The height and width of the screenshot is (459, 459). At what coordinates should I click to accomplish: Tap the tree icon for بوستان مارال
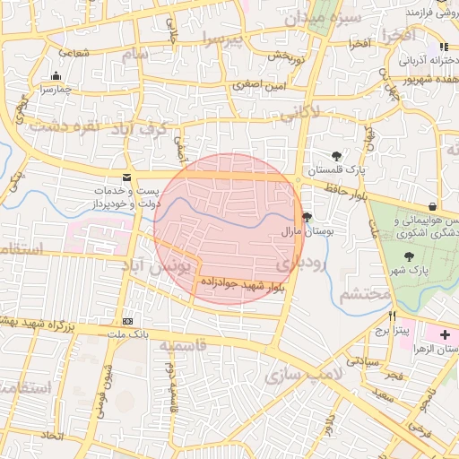(x=307, y=217)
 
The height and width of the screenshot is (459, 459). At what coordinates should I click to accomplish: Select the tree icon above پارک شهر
(x=409, y=255)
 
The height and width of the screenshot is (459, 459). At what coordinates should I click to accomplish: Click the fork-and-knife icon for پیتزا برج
(x=392, y=316)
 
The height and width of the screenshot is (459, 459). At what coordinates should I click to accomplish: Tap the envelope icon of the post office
(x=126, y=178)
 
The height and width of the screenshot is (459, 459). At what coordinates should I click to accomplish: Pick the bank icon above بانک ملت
(x=128, y=320)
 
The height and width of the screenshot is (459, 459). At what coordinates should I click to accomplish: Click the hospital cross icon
(x=446, y=333)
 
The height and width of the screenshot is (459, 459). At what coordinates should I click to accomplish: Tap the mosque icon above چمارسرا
(x=56, y=76)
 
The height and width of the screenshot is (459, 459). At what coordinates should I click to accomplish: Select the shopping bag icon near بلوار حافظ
(x=433, y=206)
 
